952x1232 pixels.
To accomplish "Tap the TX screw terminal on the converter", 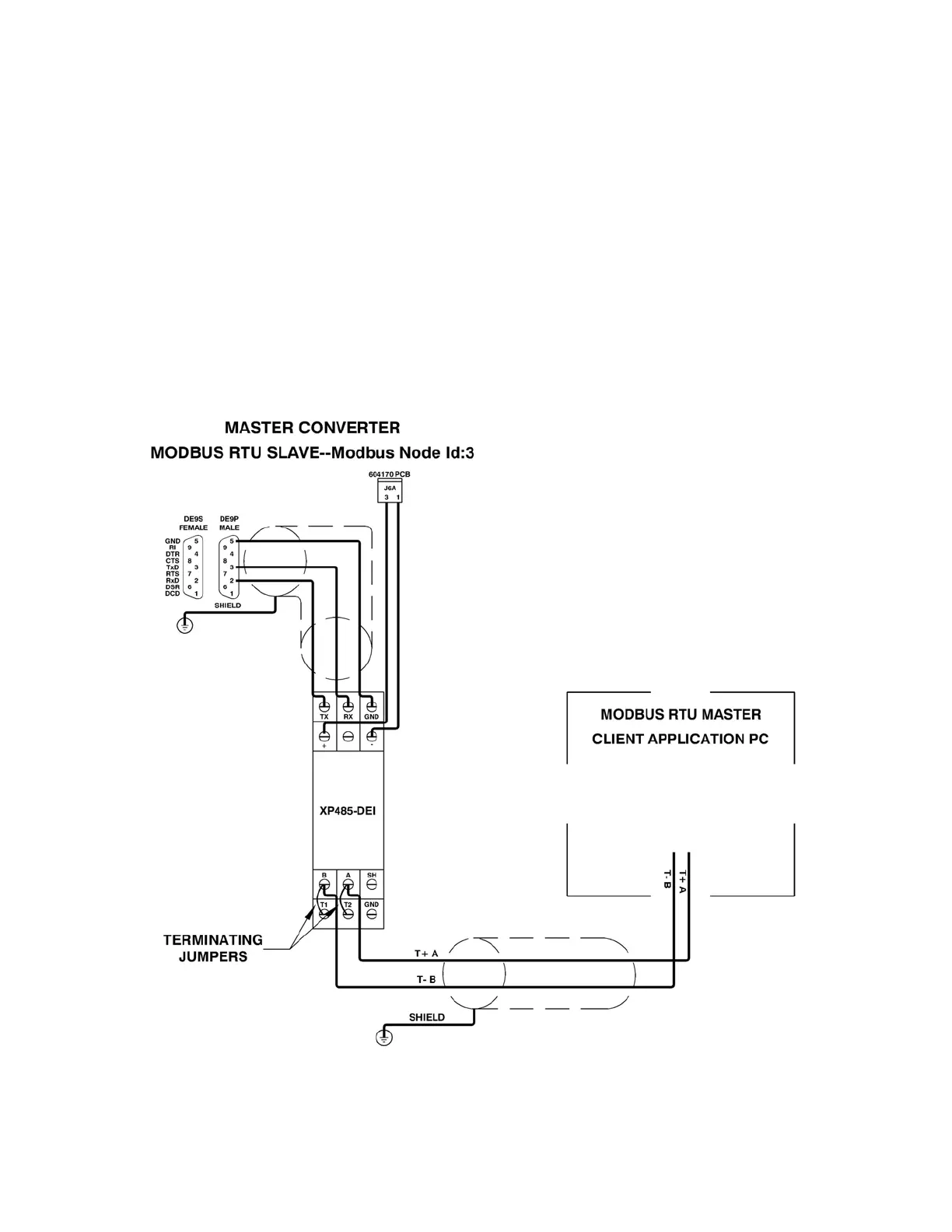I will tap(324, 707).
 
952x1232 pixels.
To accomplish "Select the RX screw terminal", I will tap(348, 707).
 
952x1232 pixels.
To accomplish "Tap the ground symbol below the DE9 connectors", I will tap(185, 625).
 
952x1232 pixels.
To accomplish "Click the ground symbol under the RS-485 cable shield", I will tap(384, 1037).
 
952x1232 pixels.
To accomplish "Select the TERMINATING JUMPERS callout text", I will tap(213, 948).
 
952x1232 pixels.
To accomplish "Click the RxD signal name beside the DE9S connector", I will tap(172, 580).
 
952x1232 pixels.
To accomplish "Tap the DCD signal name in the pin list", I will tap(172, 593).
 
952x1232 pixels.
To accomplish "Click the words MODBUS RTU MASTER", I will tap(681, 714).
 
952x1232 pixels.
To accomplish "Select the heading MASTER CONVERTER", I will tap(312, 427).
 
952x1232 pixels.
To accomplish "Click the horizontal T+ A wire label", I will tap(426, 953).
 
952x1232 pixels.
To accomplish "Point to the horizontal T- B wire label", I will tap(425, 979).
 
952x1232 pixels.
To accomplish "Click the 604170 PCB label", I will tap(389, 474).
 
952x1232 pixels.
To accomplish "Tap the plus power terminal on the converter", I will tap(324, 736).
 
